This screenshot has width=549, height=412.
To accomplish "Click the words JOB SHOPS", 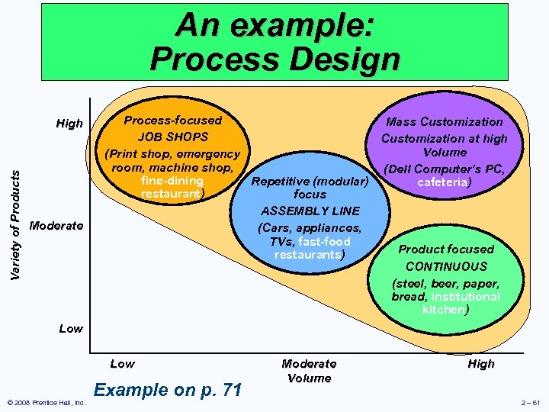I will click(x=172, y=137).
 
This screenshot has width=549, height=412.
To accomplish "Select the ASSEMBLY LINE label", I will click(x=310, y=211).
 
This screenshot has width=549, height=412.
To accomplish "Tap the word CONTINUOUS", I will click(x=446, y=266).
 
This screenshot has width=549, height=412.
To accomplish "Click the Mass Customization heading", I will click(x=445, y=121).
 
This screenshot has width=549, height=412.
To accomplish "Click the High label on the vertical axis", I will click(x=69, y=124).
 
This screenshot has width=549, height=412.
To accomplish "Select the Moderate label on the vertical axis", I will click(x=56, y=226).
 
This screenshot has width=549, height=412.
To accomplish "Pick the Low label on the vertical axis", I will click(x=71, y=328).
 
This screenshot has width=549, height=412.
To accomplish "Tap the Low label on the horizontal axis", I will click(x=123, y=364).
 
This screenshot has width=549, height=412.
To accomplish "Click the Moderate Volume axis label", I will click(x=309, y=371).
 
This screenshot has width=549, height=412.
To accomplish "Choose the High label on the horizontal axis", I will click(x=481, y=364).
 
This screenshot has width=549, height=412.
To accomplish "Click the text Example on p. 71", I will click(x=167, y=390).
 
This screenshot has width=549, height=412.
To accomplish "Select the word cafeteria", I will click(x=442, y=183).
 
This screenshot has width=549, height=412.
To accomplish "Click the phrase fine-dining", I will click(x=172, y=181).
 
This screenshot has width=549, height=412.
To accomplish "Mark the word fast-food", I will click(x=324, y=241).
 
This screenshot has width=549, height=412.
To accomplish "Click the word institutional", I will click(x=465, y=296).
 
